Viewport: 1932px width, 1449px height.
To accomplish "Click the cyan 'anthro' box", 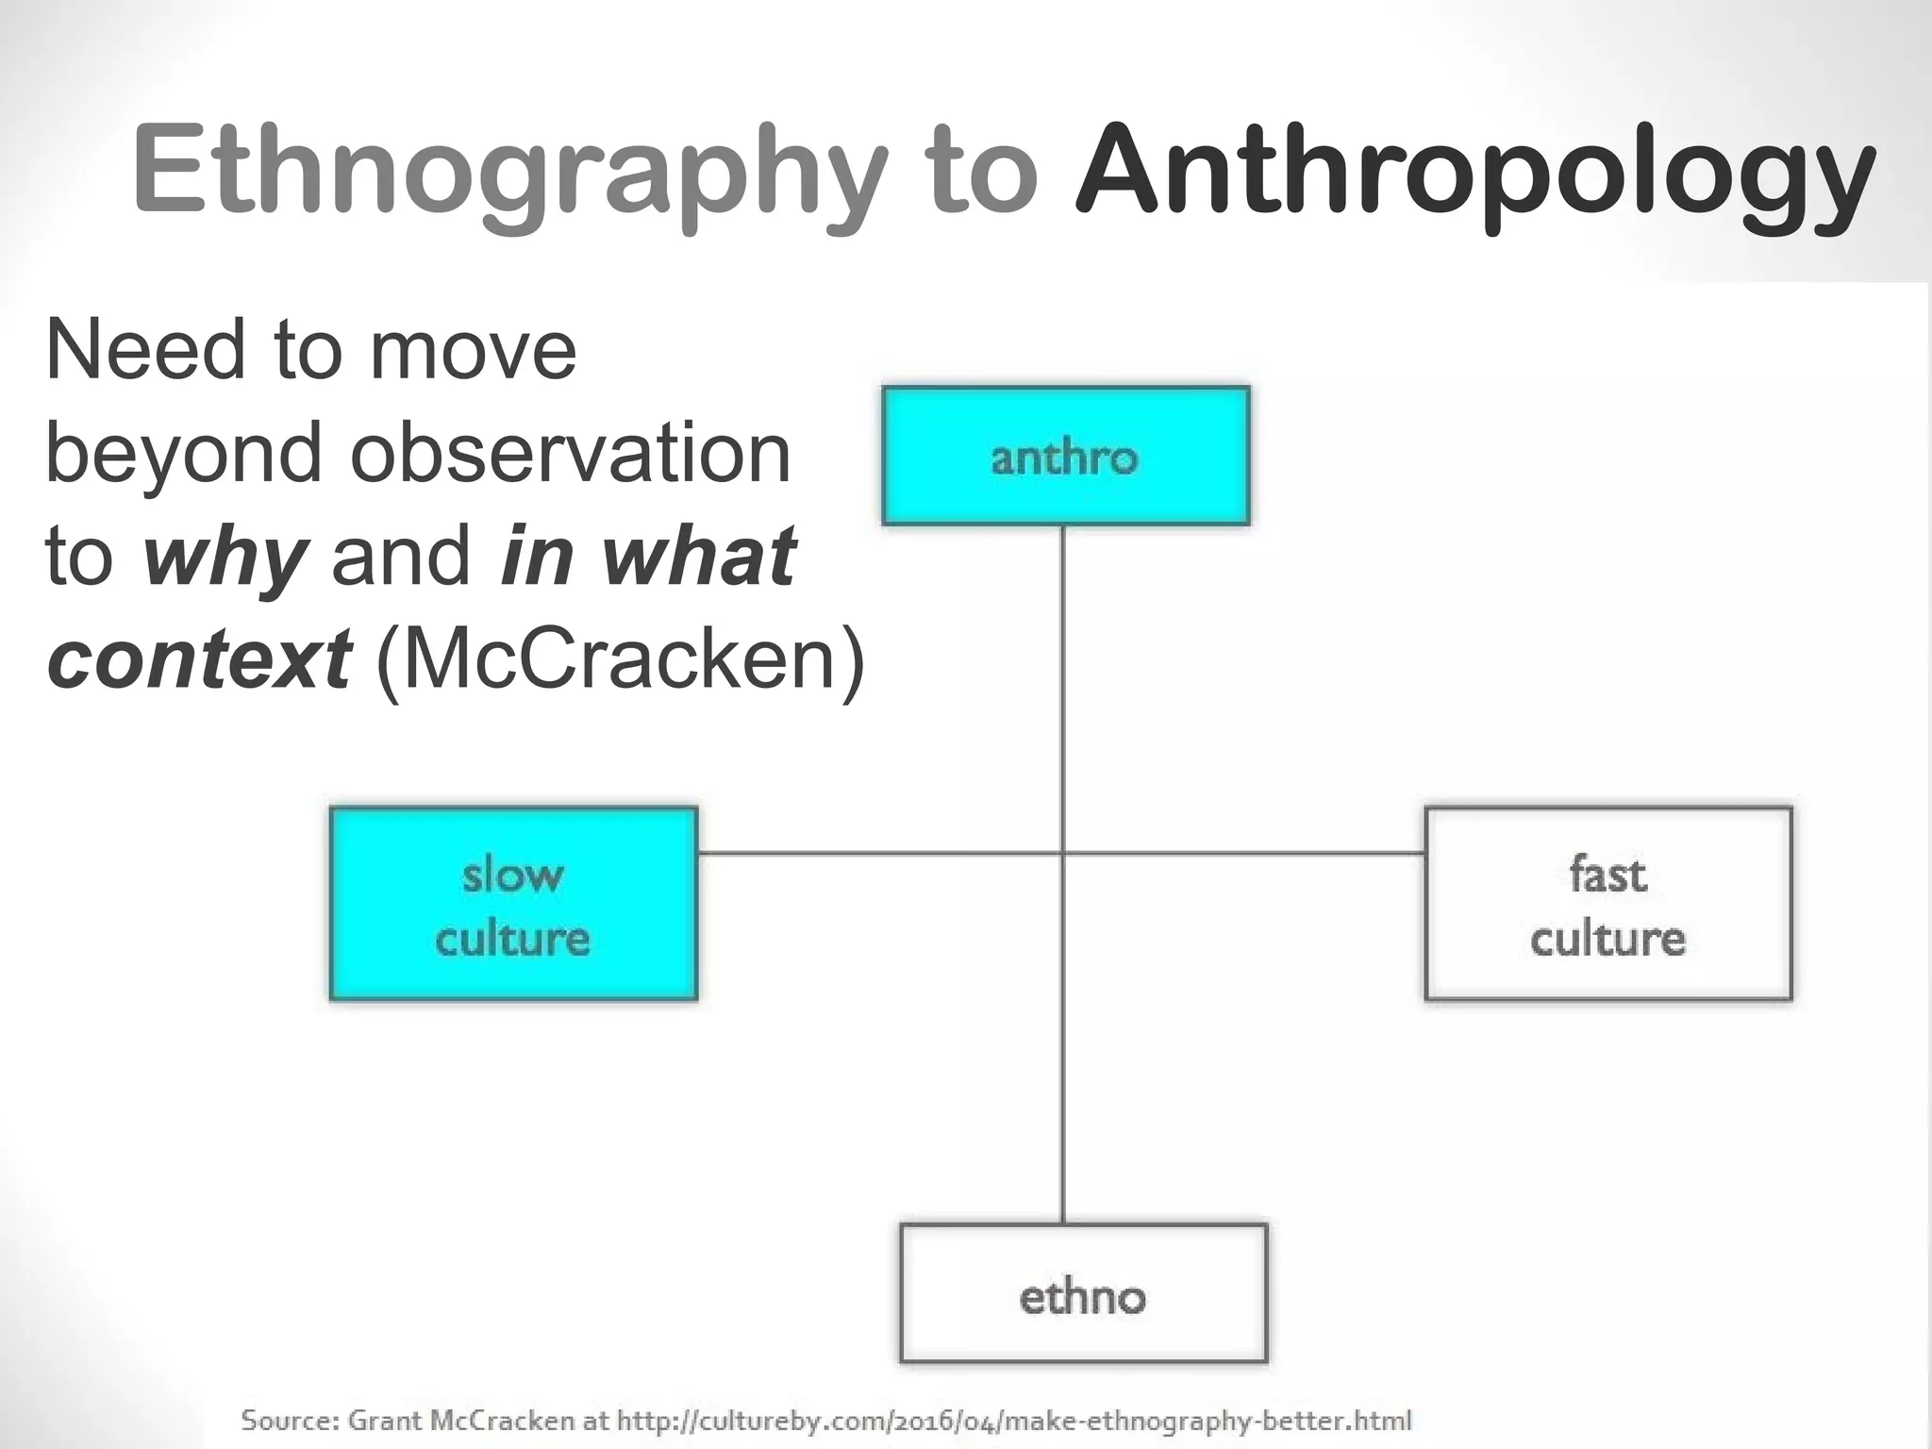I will pyautogui.click(x=1065, y=456).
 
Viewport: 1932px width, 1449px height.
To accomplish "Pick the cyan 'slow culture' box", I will pyautogui.click(x=513, y=904).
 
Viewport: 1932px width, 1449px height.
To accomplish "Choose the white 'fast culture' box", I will pyautogui.click(x=1607, y=904).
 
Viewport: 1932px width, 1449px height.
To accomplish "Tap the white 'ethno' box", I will pyautogui.click(x=1083, y=1293).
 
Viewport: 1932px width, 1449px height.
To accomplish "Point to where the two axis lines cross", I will pyautogui.click(x=1063, y=854).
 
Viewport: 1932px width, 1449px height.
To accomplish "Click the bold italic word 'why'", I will pyautogui.click(x=225, y=557).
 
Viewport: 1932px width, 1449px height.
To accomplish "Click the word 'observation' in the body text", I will pyautogui.click(x=570, y=453).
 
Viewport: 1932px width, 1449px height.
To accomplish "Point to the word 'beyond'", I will pyautogui.click(x=184, y=453).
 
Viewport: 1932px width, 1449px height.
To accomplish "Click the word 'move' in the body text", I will pyautogui.click(x=473, y=350).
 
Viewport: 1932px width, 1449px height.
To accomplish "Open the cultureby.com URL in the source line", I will pyautogui.click(x=1014, y=1420).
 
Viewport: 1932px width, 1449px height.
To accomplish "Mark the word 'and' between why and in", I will pyautogui.click(x=401, y=557).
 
